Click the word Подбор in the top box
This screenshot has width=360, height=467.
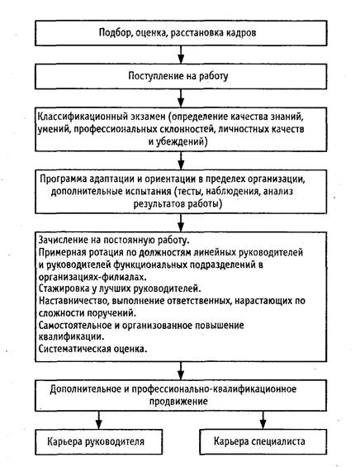[115, 32]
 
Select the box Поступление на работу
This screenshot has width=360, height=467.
[181, 76]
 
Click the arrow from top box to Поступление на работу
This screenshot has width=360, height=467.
[181, 55]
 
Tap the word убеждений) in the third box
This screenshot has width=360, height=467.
[182, 141]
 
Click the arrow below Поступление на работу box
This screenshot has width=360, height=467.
[181, 98]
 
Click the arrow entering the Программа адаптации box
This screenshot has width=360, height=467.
[181, 160]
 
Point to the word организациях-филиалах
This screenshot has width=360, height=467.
[92, 277]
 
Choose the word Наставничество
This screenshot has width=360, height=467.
[73, 301]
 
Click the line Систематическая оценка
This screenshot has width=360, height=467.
[92, 349]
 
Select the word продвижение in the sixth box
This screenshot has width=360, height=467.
[178, 401]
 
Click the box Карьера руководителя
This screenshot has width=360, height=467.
[99, 442]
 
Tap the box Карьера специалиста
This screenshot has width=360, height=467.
[263, 442]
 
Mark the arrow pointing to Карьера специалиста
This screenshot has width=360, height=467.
[263, 420]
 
